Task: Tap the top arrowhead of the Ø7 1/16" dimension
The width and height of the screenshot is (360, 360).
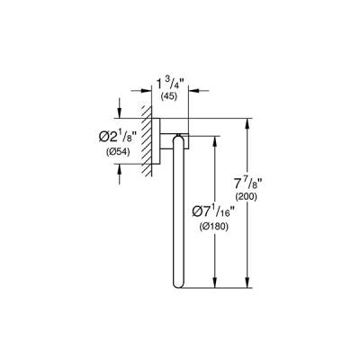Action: (214, 137)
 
